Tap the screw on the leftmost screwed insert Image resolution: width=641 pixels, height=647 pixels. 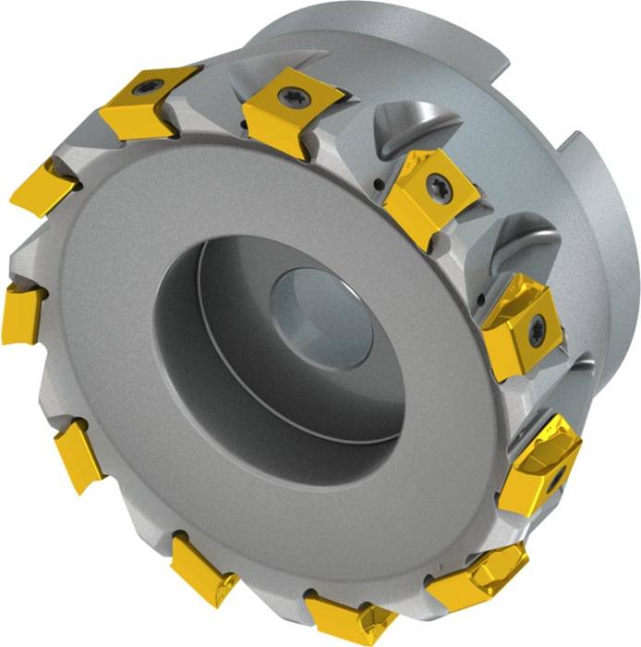pos(149,89)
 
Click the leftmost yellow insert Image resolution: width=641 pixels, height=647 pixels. pos(22,314)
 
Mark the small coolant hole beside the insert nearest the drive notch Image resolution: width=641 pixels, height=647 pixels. pos(381,189)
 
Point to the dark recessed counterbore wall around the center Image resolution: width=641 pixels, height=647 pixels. pos(212,305)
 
